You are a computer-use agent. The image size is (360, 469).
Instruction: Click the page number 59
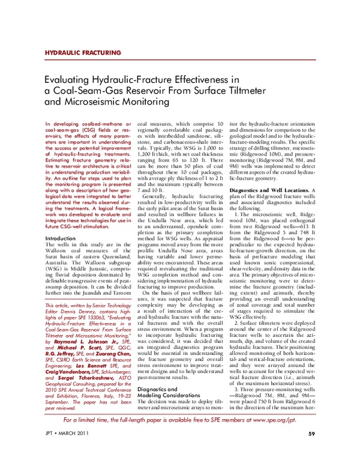click(311, 450)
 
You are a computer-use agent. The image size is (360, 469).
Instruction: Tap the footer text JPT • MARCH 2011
click(67, 450)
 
